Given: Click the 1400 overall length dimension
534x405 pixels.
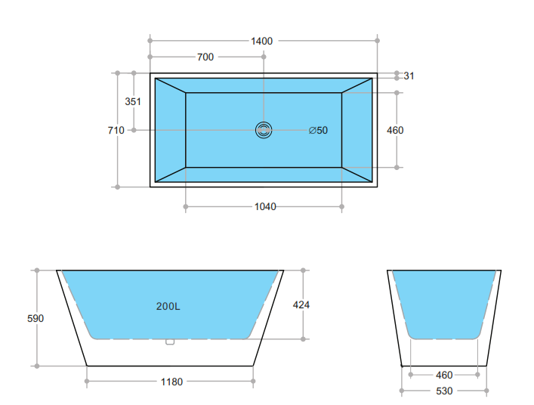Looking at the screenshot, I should coord(261,41).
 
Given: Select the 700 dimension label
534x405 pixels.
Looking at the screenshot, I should coord(205,57).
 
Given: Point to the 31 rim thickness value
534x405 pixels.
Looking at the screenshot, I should coord(409,76).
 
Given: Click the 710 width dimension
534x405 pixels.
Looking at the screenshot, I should coord(116,130).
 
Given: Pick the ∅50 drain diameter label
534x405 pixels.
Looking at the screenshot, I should coord(318,130).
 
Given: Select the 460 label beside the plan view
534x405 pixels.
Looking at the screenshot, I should coord(394,130).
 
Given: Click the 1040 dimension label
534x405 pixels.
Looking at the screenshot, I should coord(264,206).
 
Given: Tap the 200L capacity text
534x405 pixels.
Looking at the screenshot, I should coord(168,306).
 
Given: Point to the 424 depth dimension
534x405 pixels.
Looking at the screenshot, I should coord(301,305).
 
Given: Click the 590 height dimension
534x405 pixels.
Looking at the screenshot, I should coord(35,318).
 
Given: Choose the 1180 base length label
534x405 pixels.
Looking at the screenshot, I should coord(171,382).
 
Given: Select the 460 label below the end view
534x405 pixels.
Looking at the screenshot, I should coord(444,374).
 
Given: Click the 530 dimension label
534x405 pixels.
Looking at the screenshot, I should coord(444,391).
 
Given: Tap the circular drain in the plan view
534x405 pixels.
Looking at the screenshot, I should coord(263,130).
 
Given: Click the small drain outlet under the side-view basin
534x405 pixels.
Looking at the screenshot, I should coord(170,342).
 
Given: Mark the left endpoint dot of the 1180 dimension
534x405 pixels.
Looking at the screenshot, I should coord(88,382).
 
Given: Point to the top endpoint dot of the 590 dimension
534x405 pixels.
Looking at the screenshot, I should coord(35,270).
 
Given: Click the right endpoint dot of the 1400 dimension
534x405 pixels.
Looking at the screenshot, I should coord(378,41).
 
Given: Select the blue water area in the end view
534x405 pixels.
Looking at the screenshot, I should coord(444,302).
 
